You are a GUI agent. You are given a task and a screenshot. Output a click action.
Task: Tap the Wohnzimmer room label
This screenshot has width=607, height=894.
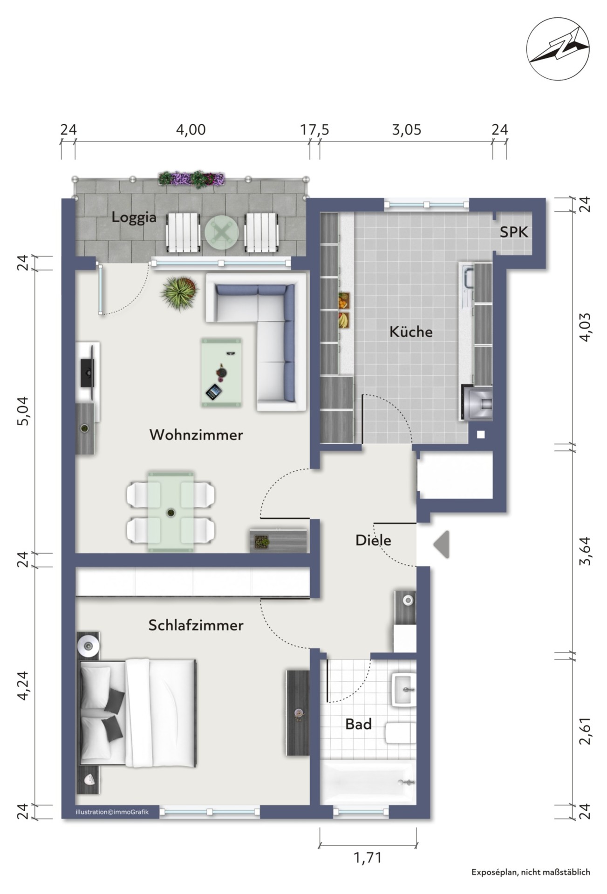coord(196,435)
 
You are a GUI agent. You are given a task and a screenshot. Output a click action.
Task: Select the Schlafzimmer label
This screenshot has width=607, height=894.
coord(196,625)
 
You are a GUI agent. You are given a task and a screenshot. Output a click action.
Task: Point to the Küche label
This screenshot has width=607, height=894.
coord(411,332)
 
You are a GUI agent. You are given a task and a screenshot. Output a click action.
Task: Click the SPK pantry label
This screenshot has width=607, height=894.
coord(514,232)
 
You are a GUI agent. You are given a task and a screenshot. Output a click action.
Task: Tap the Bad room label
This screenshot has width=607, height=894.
coord(358,724)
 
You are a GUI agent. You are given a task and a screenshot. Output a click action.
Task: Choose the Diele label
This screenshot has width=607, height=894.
coord(373,540)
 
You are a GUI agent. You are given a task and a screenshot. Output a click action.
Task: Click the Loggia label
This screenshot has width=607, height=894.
coord(134,218)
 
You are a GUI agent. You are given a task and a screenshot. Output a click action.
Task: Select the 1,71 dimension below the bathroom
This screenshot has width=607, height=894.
coord(368,857)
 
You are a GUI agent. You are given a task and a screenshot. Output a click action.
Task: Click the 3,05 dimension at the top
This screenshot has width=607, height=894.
coord(406,129)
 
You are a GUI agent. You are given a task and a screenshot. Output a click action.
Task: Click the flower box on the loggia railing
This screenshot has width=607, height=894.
coord(191,179)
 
